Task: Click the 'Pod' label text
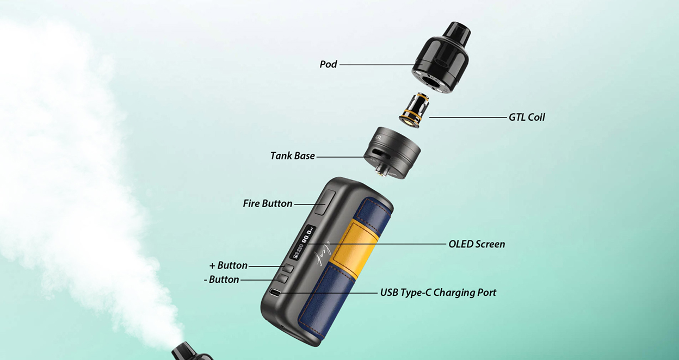click(x=328, y=64)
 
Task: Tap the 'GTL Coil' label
click(x=526, y=117)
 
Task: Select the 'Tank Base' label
click(x=292, y=156)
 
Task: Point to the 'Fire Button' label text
click(x=267, y=203)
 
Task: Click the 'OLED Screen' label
click(x=476, y=244)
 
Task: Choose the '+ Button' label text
click(x=228, y=265)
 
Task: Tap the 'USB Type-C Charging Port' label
click(x=437, y=293)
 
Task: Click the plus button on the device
click(x=288, y=268)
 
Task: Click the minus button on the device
click(x=282, y=278)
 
